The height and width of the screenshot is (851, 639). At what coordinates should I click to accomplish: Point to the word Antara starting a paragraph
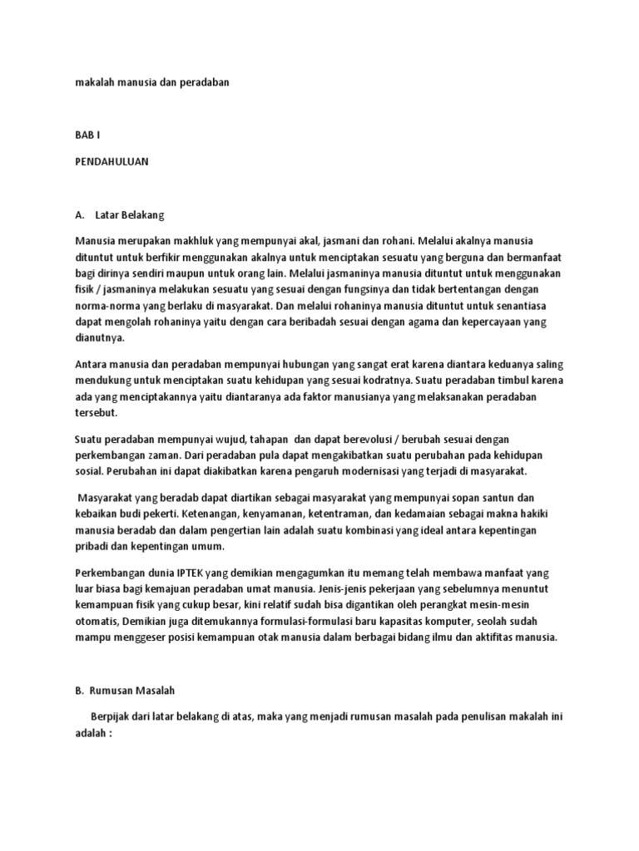(91, 365)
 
